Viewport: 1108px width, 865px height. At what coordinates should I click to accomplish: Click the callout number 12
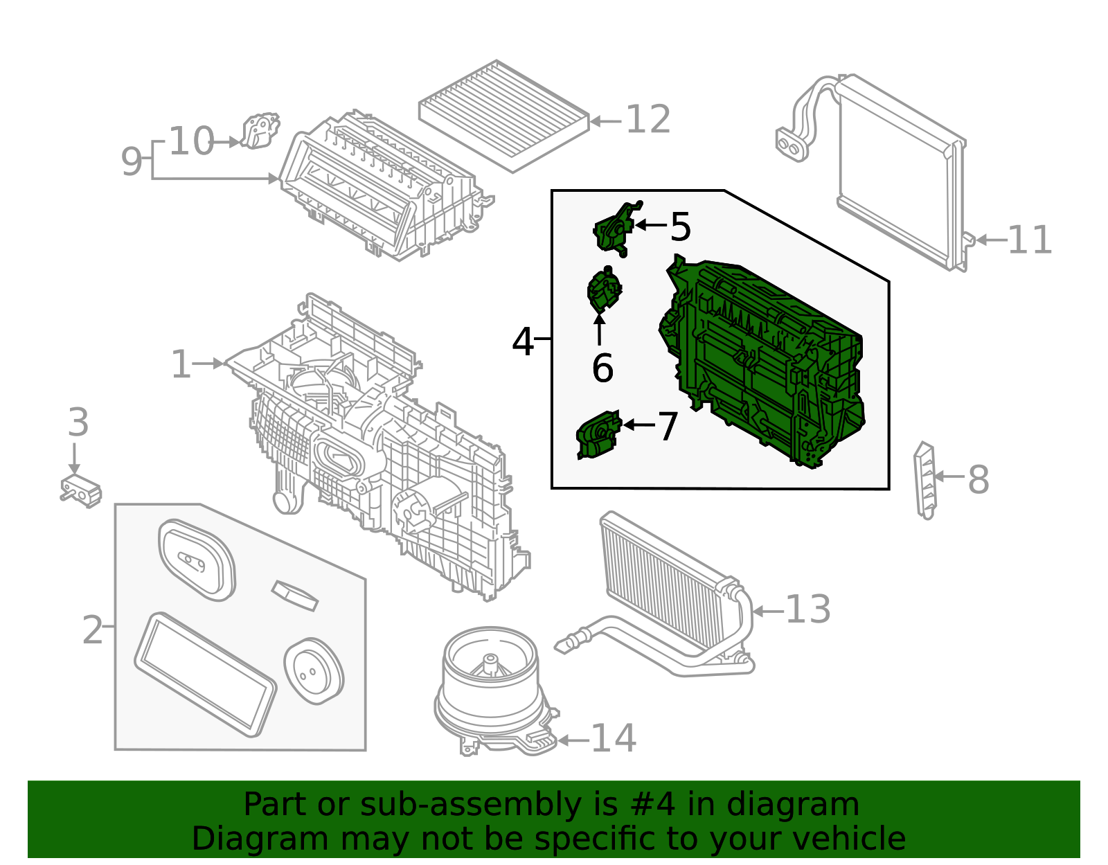[647, 120]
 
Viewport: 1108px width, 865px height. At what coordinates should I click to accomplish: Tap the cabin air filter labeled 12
[503, 115]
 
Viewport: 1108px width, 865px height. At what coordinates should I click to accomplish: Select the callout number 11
[1029, 240]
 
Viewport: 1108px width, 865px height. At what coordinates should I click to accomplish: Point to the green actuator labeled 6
[603, 291]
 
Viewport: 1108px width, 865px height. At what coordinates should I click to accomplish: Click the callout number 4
[523, 341]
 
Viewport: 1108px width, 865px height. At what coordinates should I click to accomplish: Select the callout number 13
[807, 609]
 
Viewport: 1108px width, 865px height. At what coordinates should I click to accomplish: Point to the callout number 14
[613, 738]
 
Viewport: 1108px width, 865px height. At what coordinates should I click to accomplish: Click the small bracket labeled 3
[81, 490]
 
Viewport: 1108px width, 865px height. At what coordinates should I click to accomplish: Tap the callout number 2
[93, 630]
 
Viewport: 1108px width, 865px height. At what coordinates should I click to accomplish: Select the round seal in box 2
[314, 670]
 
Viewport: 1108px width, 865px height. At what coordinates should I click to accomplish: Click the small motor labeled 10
[260, 131]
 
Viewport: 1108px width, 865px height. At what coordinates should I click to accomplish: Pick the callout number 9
[131, 161]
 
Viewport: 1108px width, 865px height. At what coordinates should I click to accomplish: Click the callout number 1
[181, 364]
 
